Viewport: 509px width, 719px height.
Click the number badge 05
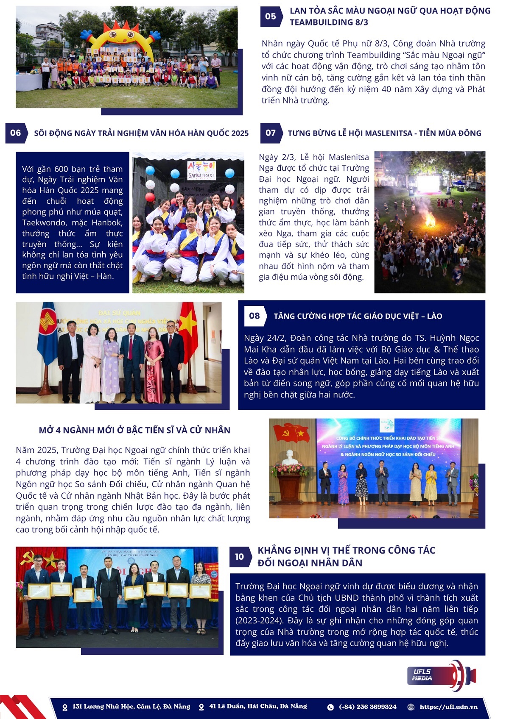[270, 17]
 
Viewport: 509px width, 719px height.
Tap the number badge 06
[16, 133]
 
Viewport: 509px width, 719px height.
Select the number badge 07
[270, 133]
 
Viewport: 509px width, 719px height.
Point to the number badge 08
[255, 316]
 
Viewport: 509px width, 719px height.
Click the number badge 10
[240, 556]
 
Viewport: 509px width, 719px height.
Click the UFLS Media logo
[443, 675]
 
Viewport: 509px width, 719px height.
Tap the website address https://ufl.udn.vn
[448, 707]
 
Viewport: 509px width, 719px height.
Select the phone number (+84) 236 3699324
[367, 707]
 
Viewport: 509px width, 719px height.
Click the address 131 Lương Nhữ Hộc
[131, 706]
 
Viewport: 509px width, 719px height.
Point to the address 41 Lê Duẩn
[258, 706]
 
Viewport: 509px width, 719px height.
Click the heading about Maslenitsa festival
[384, 133]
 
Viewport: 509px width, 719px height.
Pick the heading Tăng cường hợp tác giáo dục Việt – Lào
[358, 316]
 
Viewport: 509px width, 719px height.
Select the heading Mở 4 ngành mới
[134, 430]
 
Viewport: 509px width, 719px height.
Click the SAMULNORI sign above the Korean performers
[201, 170]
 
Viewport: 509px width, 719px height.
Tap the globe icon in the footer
[411, 707]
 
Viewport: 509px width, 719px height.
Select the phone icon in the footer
[330, 707]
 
